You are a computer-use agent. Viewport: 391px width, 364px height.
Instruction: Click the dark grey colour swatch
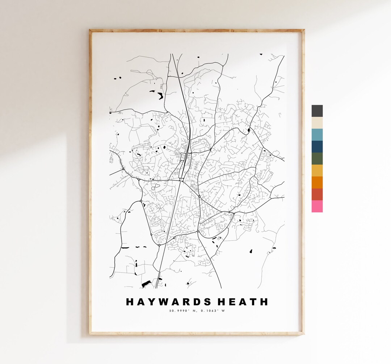coord(317,111)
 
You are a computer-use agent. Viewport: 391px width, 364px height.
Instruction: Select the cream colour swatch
coord(317,123)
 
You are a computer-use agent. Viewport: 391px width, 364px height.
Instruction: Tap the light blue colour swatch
coord(317,135)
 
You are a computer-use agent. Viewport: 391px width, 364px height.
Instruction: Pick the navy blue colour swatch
coord(317,147)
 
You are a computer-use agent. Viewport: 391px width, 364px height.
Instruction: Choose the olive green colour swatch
coord(317,159)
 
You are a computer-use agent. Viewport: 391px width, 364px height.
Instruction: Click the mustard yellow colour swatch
coord(317,171)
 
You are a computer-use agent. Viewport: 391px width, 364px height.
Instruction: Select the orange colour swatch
coord(317,182)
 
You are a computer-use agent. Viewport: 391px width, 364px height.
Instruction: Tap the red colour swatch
coord(317,194)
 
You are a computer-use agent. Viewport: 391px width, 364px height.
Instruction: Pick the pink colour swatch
coord(317,206)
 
